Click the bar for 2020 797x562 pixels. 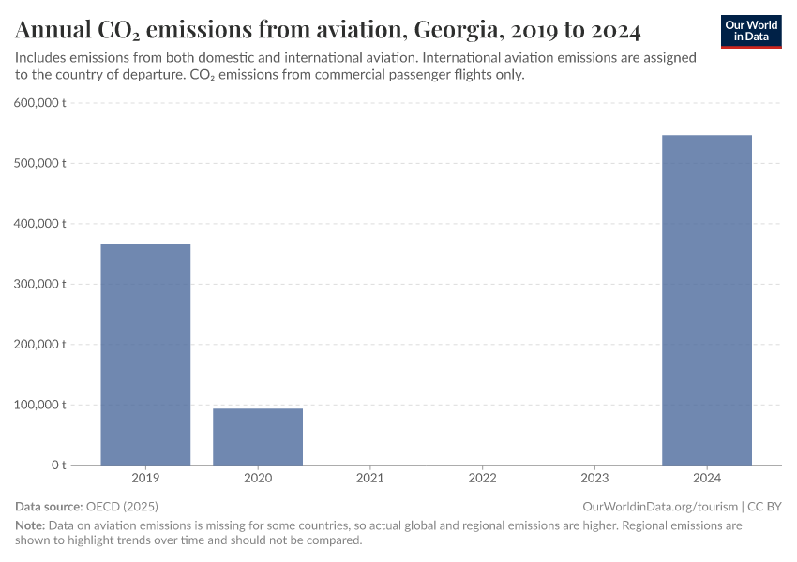(258, 436)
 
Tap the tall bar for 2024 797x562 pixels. (707, 300)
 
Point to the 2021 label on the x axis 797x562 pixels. (370, 478)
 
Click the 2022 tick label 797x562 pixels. (482, 478)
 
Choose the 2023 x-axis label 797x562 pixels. (594, 478)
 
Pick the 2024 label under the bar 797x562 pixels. (707, 478)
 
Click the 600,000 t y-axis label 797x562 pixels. (39, 103)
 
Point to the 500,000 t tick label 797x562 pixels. (39, 163)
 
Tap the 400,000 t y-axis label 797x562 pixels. (39, 224)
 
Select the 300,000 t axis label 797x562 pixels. (39, 284)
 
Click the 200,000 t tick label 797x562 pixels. (39, 345)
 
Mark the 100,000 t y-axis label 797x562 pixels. (39, 405)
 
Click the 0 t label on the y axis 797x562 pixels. (57, 466)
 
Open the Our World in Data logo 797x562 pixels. (751, 30)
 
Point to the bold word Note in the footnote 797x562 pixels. (30, 525)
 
